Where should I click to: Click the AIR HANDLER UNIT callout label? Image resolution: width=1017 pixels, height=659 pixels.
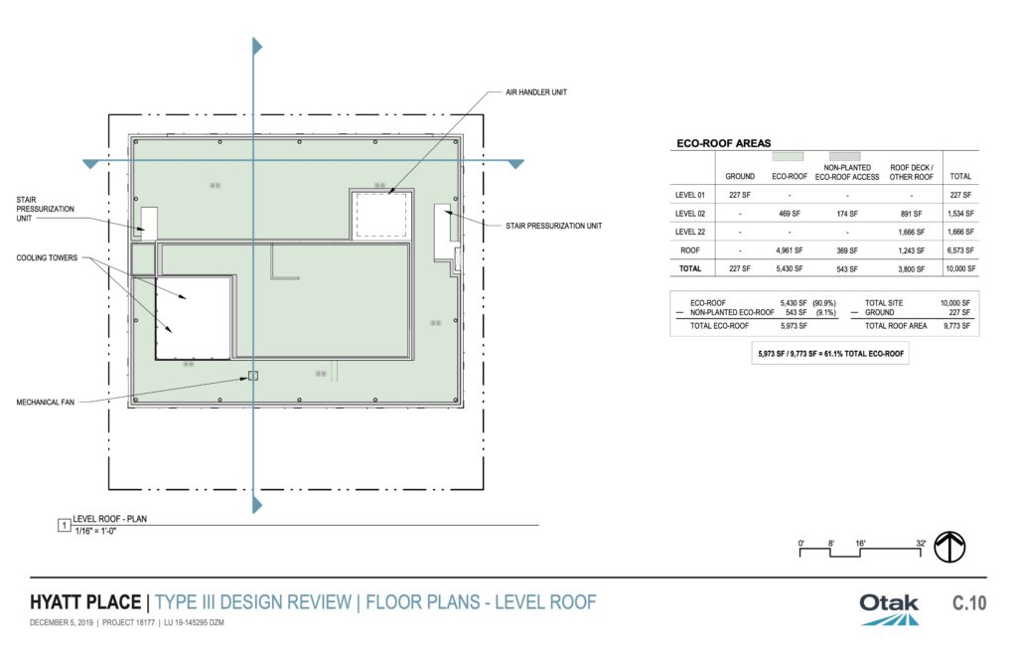(535, 92)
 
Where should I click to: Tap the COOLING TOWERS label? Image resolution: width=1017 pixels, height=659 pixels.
(47, 257)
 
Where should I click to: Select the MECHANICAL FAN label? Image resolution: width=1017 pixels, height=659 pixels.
(46, 403)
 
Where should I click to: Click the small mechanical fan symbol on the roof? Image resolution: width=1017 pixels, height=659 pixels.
(253, 376)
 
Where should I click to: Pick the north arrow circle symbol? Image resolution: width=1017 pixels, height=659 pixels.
(949, 547)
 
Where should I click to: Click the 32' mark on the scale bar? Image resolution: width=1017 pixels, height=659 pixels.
(921, 544)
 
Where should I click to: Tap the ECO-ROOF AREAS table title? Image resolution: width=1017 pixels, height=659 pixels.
(724, 143)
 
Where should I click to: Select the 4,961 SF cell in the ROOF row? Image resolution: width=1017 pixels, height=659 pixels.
(790, 250)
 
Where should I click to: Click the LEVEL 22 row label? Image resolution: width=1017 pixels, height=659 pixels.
(690, 232)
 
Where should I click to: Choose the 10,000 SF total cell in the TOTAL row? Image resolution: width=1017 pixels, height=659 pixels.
(960, 268)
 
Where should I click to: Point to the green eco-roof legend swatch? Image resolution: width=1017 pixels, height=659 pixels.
(788, 156)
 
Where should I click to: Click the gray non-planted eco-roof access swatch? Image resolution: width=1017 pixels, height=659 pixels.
(845, 156)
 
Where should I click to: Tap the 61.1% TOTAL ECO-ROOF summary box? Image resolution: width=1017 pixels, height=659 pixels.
(830, 354)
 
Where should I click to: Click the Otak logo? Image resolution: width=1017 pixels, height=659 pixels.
(889, 609)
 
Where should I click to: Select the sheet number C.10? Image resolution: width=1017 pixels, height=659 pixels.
(969, 603)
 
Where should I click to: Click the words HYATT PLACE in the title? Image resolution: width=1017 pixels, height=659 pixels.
(85, 602)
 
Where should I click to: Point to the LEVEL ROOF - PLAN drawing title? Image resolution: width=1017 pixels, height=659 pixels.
(109, 519)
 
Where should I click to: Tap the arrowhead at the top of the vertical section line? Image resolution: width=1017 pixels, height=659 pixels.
(257, 46)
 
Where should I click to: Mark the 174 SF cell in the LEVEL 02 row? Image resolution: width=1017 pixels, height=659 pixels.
(847, 214)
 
